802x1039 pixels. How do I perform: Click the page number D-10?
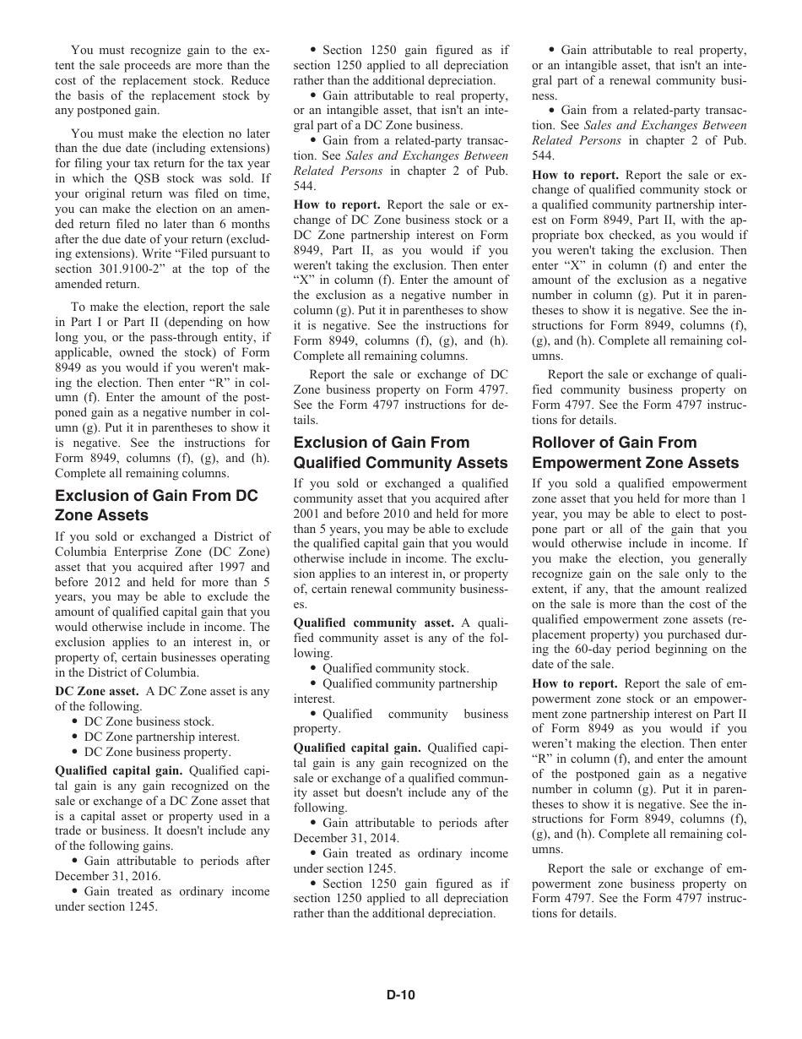tap(401, 995)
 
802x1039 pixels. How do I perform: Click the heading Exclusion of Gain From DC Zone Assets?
tap(156, 505)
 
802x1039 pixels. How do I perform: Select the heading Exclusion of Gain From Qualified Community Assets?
tap(400, 452)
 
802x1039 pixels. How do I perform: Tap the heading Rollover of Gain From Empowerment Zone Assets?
tap(635, 452)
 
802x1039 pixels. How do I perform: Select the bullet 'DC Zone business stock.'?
tap(149, 721)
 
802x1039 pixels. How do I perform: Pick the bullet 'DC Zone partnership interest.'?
tap(161, 737)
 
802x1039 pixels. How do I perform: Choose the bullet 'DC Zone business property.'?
tap(157, 752)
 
